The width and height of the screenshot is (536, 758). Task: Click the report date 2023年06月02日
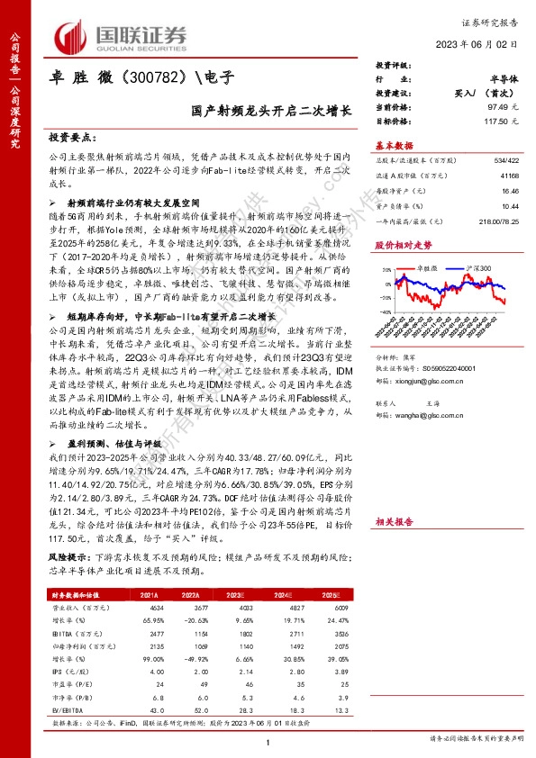click(487, 45)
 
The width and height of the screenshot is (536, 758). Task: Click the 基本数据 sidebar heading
click(395, 145)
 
